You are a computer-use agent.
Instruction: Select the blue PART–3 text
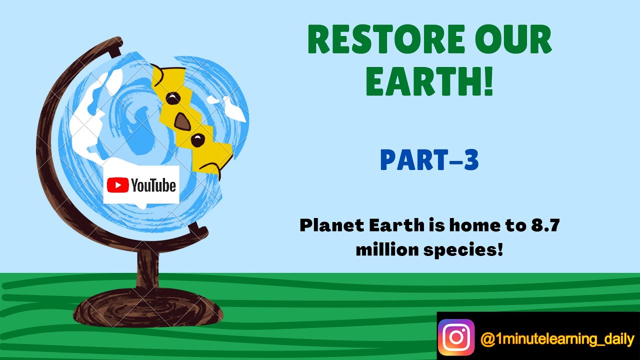coord(429,160)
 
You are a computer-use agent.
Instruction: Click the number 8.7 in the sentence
coord(544,225)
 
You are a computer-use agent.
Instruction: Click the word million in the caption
coord(382,249)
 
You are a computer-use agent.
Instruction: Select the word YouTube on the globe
coord(153,185)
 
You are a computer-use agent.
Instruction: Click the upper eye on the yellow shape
coord(173,98)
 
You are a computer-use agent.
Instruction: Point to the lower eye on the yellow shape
coord(198,140)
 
